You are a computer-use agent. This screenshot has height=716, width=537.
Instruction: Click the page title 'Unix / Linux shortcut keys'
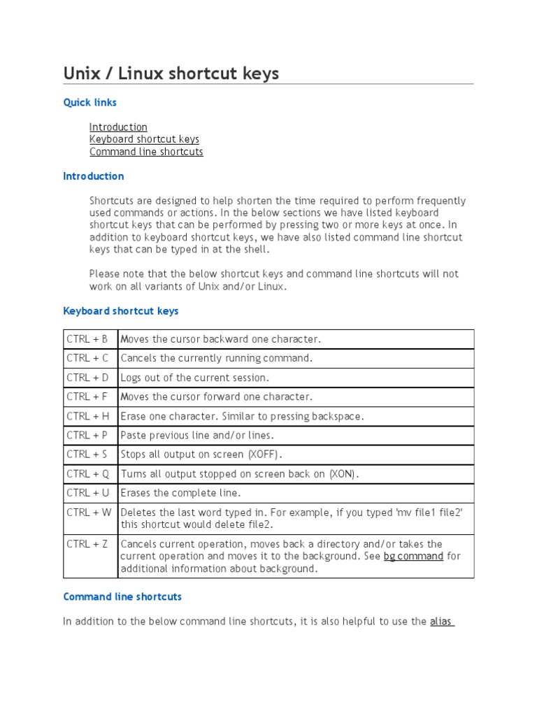[x=171, y=73]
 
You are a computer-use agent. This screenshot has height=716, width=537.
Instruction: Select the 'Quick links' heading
[x=89, y=103]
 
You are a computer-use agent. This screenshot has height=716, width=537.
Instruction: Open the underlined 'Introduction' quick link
[x=118, y=127]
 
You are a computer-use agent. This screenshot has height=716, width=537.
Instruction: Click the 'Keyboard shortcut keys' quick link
[x=144, y=139]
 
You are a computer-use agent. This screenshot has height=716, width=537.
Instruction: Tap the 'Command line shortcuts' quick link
[x=146, y=152]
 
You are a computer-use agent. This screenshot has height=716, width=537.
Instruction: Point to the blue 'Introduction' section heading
[x=94, y=176]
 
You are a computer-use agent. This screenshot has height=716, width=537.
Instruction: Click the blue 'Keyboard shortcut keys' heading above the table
[x=121, y=310]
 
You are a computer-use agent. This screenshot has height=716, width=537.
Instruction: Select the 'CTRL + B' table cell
[x=87, y=339]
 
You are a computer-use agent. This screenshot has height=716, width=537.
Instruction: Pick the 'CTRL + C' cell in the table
[x=87, y=358]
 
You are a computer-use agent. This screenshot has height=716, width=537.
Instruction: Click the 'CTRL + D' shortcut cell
[x=87, y=378]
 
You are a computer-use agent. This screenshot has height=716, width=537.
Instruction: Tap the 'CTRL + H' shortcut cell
[x=87, y=416]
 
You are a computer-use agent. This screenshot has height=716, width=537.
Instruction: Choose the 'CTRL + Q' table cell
[x=87, y=473]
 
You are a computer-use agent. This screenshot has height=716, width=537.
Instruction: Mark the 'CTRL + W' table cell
[x=89, y=512]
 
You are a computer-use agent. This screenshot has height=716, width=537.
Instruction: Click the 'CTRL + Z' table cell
[x=87, y=544]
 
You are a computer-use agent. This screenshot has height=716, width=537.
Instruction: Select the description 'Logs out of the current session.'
[x=195, y=378]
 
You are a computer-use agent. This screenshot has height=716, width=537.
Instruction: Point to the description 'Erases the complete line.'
[x=180, y=493]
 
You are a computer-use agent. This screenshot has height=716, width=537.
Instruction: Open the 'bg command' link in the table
[x=413, y=557]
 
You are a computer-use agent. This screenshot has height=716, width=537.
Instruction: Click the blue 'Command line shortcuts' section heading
[x=122, y=597]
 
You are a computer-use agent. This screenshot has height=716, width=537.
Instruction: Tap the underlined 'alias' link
[x=441, y=621]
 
